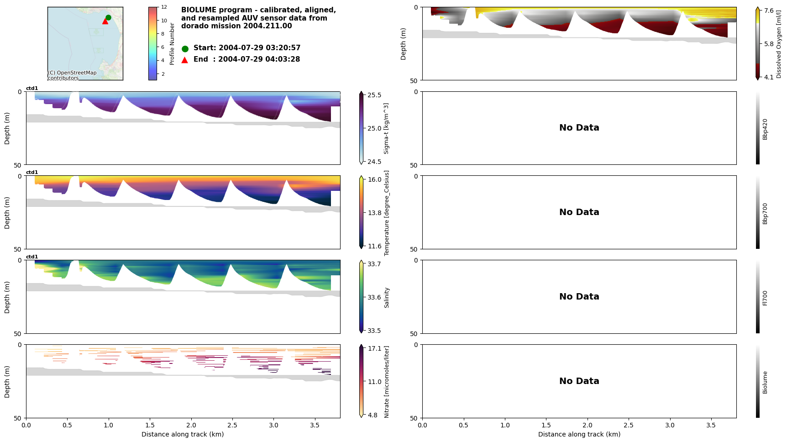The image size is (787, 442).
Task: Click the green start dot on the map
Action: tap(108, 18)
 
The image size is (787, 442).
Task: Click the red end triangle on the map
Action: tap(105, 21)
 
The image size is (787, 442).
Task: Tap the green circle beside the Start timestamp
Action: tap(185, 49)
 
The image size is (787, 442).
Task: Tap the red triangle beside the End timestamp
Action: tap(184, 60)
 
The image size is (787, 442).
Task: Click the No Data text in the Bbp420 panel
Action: tap(579, 128)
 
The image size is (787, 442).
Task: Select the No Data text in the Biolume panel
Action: tap(579, 381)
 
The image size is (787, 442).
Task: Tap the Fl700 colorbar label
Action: tap(765, 298)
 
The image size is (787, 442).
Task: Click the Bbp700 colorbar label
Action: tap(765, 214)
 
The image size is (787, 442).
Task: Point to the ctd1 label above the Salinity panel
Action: tap(32, 257)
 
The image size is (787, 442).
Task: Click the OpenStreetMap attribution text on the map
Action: tap(72, 75)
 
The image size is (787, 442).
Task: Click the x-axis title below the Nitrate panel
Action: tap(183, 434)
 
